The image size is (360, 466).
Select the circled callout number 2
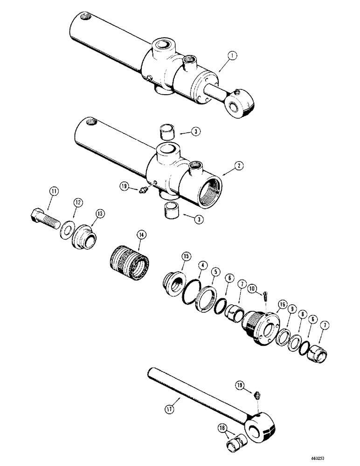click(x=227, y=165)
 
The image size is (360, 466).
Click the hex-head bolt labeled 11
click(x=43, y=219)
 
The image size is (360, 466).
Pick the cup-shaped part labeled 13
click(x=85, y=237)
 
